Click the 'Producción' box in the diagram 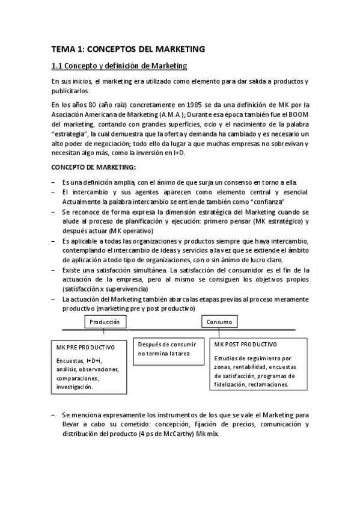105,322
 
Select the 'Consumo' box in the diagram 219,322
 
